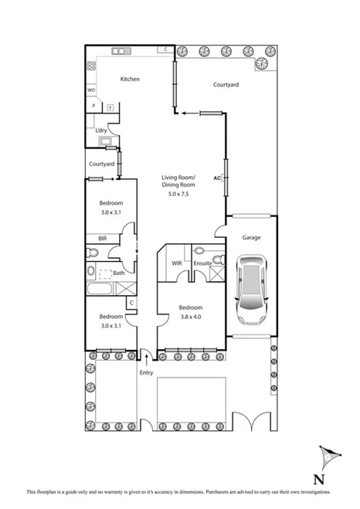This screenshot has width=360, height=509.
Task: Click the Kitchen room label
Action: click(x=129, y=79)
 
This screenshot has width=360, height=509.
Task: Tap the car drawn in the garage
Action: click(x=251, y=290)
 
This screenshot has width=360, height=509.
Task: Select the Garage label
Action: click(x=252, y=239)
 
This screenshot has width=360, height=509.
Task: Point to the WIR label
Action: click(x=176, y=263)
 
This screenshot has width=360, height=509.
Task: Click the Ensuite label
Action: click(x=202, y=263)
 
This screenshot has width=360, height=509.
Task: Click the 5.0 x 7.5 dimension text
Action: click(x=178, y=194)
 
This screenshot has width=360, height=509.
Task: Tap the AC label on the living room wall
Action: click(x=218, y=177)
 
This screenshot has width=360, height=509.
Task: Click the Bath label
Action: click(x=118, y=273)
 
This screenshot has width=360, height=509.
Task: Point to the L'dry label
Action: click(x=101, y=131)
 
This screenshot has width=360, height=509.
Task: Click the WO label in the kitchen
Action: click(x=90, y=90)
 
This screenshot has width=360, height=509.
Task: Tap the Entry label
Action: click(x=146, y=373)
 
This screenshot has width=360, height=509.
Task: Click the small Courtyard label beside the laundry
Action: click(x=101, y=164)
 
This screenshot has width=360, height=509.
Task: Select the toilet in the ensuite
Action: click(x=200, y=251)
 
